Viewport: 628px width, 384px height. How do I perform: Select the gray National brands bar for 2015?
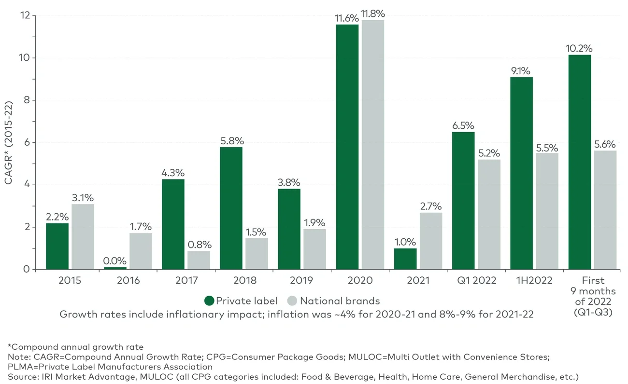point(83,236)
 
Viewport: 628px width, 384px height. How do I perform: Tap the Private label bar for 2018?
point(231,208)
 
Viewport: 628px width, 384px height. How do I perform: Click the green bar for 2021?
point(405,259)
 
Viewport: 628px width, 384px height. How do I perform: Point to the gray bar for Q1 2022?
point(489,214)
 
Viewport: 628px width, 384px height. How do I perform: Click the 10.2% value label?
point(579,49)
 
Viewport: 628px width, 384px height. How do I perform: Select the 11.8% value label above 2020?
point(373,14)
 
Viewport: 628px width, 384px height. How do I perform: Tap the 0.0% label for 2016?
point(115,261)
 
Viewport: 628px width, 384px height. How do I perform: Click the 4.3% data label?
point(173,173)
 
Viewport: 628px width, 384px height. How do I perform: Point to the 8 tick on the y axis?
point(27,100)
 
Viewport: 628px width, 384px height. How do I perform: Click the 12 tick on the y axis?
point(25,16)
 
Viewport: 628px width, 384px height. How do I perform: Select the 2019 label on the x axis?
point(301,281)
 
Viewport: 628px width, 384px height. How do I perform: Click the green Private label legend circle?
point(209,301)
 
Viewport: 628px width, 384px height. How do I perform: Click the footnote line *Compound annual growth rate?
point(75,347)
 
